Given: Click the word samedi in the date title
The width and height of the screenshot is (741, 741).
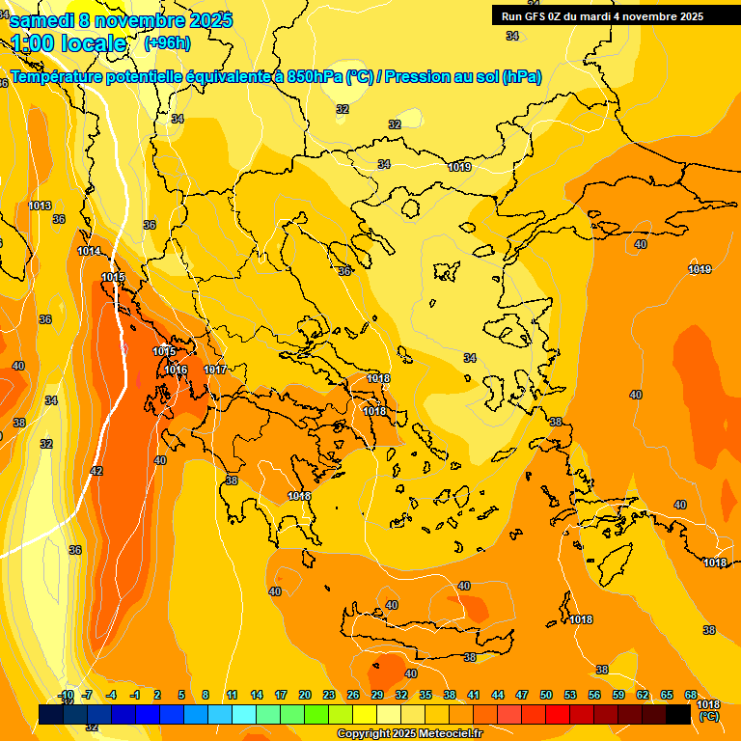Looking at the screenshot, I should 41,20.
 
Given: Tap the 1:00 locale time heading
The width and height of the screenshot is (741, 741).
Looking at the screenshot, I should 69,43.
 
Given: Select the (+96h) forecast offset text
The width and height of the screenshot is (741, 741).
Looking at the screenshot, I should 167,43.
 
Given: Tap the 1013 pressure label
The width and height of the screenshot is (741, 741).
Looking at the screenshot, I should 40,206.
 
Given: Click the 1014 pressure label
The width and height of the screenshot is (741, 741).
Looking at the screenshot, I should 89,252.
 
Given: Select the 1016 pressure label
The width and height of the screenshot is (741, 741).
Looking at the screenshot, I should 176,370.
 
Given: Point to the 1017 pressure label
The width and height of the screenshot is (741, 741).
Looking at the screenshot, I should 215,370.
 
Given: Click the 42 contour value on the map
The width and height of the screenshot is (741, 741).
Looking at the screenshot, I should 96,471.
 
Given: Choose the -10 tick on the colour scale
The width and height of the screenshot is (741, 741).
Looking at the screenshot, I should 66,696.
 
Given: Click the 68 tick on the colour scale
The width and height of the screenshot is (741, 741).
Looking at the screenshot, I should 691,696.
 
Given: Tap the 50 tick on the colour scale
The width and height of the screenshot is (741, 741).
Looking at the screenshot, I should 546,696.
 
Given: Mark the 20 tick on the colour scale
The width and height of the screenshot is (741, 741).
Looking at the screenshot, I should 305,696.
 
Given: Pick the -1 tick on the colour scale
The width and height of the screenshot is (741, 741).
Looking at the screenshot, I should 136,696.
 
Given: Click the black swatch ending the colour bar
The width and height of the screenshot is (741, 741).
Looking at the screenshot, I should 678,714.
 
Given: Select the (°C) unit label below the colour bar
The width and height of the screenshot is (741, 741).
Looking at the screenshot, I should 708,717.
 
